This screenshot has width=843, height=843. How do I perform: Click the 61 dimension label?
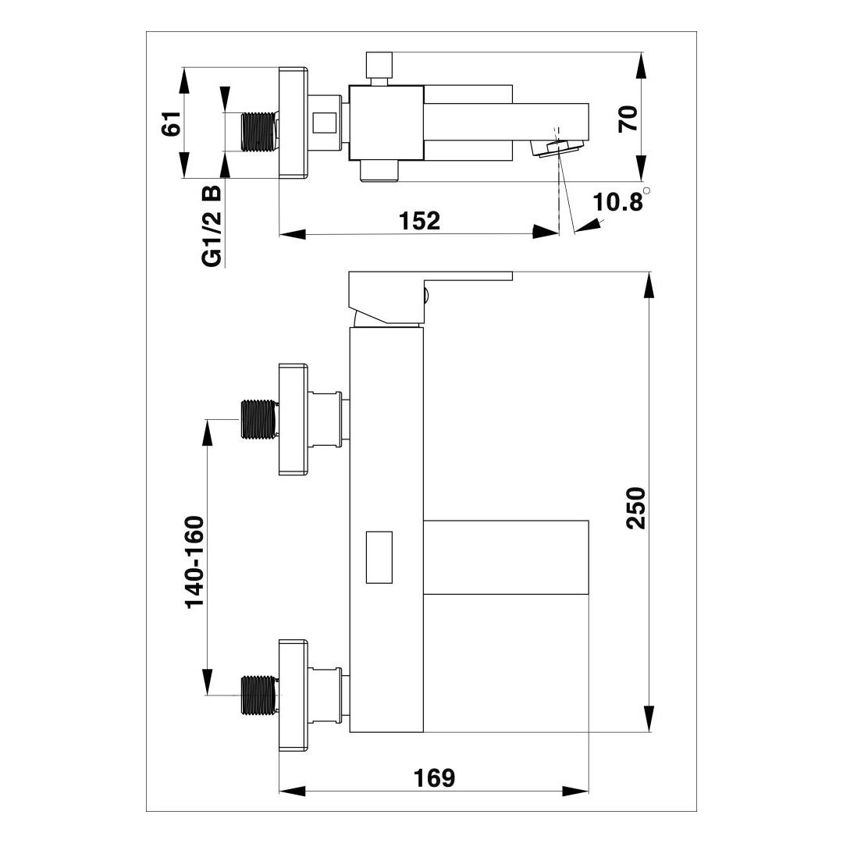point(171,123)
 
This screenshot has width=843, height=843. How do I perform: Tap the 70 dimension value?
point(628,119)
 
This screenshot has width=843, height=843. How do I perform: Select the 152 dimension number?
point(419,221)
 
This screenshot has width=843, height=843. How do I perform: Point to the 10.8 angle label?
point(617,202)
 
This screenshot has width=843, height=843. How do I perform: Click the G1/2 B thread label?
point(212,226)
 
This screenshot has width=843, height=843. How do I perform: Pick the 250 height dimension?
point(636,508)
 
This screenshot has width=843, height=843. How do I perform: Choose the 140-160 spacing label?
point(194,562)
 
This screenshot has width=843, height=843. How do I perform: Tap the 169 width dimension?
point(434,778)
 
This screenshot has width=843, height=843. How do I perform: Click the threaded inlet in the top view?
point(260,131)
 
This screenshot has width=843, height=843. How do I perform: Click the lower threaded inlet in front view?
point(260,695)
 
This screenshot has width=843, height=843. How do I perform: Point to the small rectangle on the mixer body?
point(379,557)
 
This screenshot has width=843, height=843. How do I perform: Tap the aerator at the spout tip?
point(557,148)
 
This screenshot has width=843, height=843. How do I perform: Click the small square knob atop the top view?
point(379,65)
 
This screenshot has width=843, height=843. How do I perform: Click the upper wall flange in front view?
point(293,419)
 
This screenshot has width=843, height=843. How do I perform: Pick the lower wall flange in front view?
point(293,695)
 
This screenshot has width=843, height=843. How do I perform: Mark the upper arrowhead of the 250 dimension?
point(649,285)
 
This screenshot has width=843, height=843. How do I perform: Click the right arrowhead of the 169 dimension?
point(575,791)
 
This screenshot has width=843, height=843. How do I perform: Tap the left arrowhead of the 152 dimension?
point(293,234)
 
